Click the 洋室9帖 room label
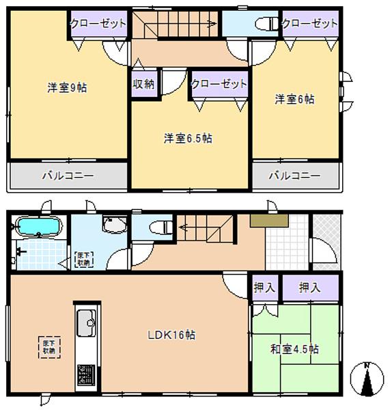(x=66, y=87)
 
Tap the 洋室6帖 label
(x=294, y=99)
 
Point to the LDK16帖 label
(x=172, y=335)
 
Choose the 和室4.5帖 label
(x=295, y=348)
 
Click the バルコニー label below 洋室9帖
(x=67, y=176)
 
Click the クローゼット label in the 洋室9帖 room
(x=98, y=23)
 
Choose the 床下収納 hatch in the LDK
(x=48, y=347)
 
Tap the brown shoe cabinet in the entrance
(x=270, y=221)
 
